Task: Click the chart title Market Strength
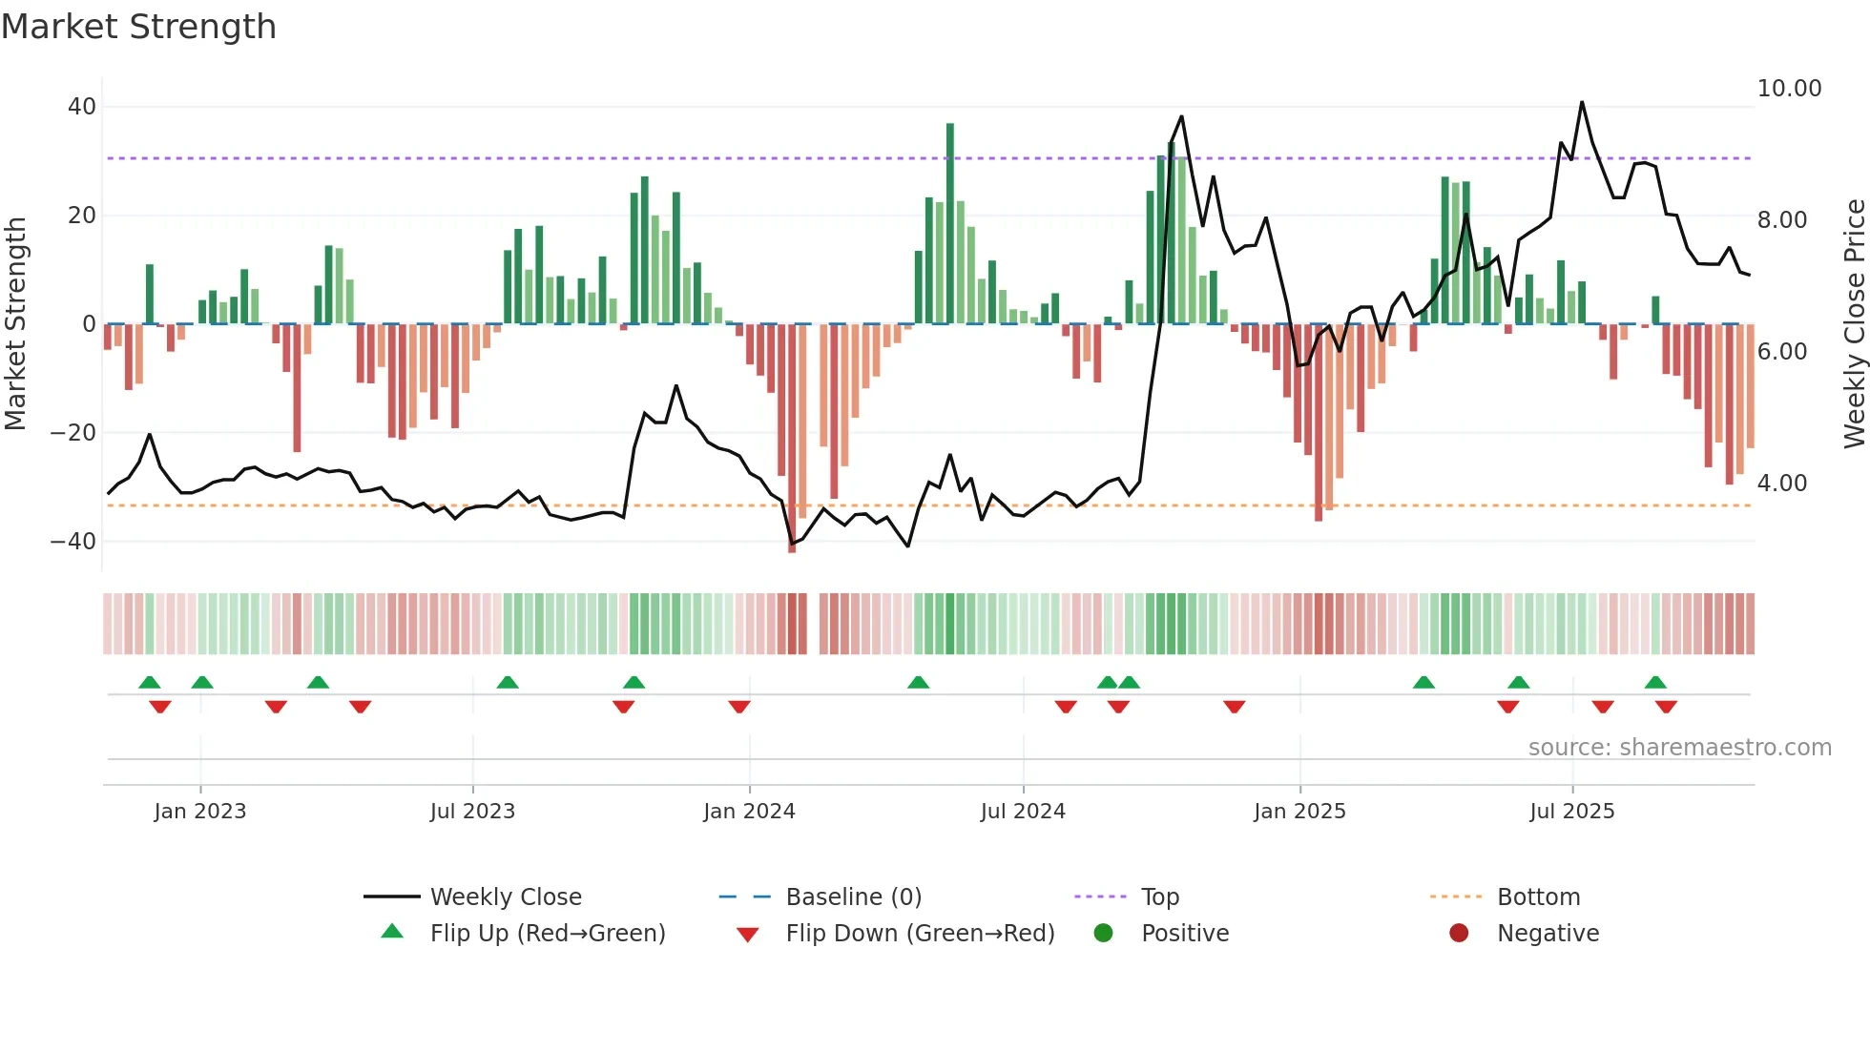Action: click(x=138, y=27)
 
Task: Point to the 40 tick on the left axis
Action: click(x=82, y=107)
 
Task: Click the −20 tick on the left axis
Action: click(x=73, y=433)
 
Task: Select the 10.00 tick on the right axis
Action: click(x=1789, y=89)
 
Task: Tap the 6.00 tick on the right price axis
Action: click(x=1781, y=352)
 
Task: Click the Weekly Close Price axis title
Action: click(x=1854, y=324)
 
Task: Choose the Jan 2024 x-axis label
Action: click(x=749, y=812)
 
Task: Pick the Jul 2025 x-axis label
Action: click(x=1571, y=812)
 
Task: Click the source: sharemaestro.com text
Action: click(x=1679, y=748)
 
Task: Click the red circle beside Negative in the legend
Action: click(x=1459, y=934)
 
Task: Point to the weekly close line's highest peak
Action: click(x=1582, y=102)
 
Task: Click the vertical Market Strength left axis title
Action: click(x=15, y=324)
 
